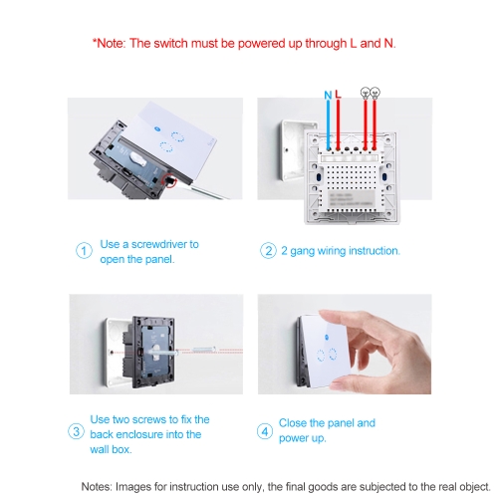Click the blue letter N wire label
click(328, 96)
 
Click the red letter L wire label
click(338, 95)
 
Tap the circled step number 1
click(84, 251)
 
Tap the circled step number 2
click(268, 251)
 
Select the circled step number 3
click(76, 431)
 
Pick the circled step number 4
click(265, 431)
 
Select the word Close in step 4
click(293, 423)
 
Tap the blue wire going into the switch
click(329, 124)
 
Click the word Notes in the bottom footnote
click(97, 487)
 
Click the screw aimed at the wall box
click(203, 350)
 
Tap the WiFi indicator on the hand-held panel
click(326, 338)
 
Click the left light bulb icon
click(366, 93)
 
